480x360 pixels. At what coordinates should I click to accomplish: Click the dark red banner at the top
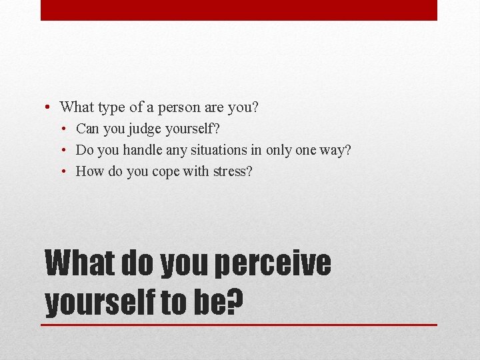point(239,10)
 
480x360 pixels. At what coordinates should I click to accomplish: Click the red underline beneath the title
point(239,325)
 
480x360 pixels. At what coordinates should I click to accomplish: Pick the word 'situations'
point(225,150)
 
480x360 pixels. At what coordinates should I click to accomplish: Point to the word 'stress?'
point(233,171)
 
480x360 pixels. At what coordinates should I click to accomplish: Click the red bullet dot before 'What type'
point(49,107)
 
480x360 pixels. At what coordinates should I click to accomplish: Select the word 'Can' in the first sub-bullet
point(87,128)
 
